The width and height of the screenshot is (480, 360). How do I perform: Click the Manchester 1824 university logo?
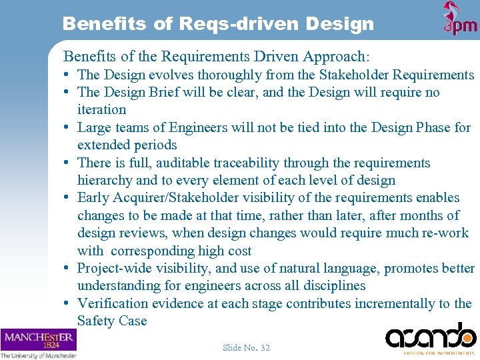click(x=38, y=340)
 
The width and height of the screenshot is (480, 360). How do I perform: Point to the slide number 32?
click(x=246, y=347)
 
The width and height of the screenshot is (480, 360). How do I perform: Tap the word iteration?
click(x=101, y=109)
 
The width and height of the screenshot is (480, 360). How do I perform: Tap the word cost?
click(x=239, y=251)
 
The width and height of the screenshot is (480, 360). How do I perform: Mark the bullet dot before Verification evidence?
click(x=69, y=303)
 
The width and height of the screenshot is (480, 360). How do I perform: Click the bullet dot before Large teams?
click(x=69, y=127)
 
